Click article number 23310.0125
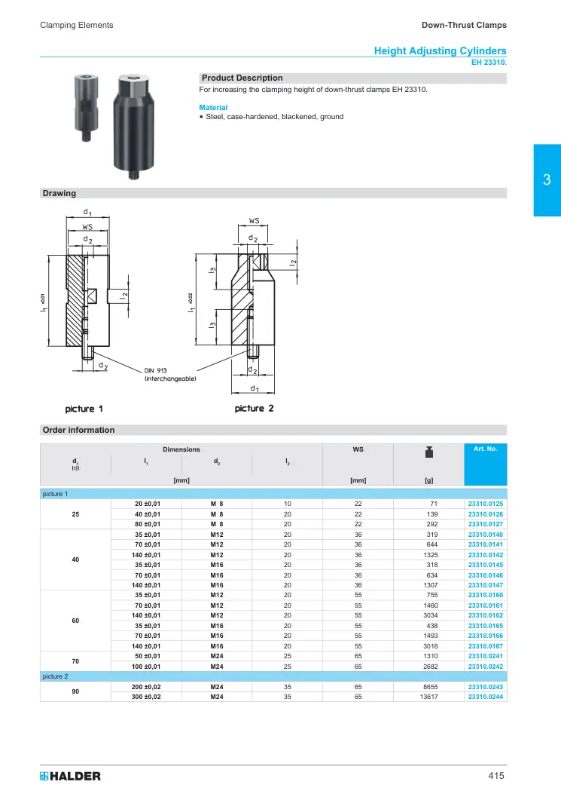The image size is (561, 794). [485, 504]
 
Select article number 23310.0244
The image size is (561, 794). [485, 697]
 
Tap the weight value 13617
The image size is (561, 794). [429, 697]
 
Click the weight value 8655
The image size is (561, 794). [431, 687]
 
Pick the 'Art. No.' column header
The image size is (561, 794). [485, 449]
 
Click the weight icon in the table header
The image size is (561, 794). [429, 452]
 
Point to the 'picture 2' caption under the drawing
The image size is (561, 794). [254, 408]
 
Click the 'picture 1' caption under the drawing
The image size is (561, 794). [84, 409]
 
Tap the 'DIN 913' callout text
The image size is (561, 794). [155, 371]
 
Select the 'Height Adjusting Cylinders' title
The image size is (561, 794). [440, 51]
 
